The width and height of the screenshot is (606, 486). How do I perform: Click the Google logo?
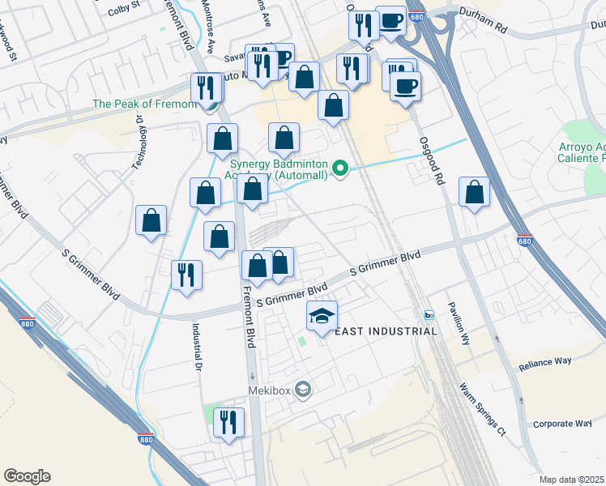[27, 476]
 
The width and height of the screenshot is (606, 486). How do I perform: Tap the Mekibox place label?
[270, 390]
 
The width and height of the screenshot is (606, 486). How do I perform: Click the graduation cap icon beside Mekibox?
[303, 390]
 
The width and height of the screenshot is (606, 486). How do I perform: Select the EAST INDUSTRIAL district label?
[386, 330]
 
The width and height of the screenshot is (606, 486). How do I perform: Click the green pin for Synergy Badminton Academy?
[341, 169]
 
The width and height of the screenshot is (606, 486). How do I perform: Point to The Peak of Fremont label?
[144, 104]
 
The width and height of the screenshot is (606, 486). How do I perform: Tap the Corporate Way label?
[563, 424]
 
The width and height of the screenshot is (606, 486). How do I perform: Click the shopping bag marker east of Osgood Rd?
[475, 193]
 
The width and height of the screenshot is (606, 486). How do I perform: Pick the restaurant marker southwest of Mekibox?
[228, 422]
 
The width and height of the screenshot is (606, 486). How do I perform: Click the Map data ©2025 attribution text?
[571, 480]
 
